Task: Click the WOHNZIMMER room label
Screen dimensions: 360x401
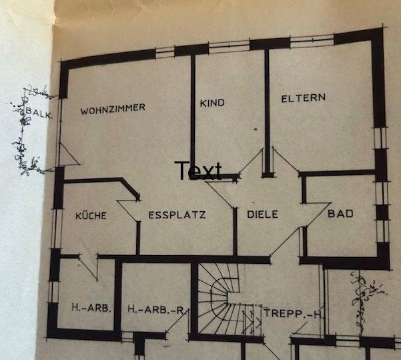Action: pos(113,108)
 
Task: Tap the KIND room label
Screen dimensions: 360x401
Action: pos(212,103)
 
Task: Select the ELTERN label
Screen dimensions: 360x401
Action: pos(304,98)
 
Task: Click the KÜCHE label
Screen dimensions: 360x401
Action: pos(91,216)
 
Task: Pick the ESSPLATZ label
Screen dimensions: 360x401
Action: pos(177,215)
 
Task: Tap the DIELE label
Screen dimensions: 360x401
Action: pos(262,215)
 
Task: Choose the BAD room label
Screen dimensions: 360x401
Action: pos(340,214)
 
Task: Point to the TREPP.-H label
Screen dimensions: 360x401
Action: pos(292,313)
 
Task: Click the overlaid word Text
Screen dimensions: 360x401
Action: pos(198,171)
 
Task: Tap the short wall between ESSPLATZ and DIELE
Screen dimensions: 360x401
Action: pos(235,230)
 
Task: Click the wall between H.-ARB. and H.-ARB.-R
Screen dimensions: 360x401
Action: pos(117,297)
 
